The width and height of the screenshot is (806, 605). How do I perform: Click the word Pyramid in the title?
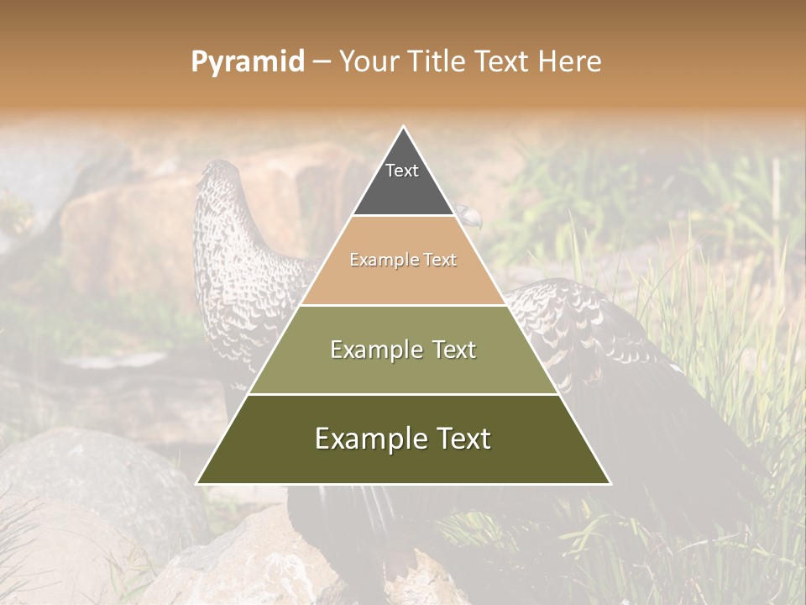tap(248, 62)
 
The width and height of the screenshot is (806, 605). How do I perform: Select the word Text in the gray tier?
tap(401, 171)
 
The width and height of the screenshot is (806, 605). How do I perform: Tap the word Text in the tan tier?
tap(440, 260)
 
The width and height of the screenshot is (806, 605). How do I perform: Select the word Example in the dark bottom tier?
tap(369, 439)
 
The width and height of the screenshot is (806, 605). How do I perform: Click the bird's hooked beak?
tap(475, 220)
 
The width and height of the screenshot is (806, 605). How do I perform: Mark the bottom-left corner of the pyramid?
tap(197, 483)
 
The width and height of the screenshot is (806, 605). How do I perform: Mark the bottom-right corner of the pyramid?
tap(610, 483)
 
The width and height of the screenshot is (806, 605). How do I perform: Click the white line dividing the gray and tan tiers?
tap(403, 216)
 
